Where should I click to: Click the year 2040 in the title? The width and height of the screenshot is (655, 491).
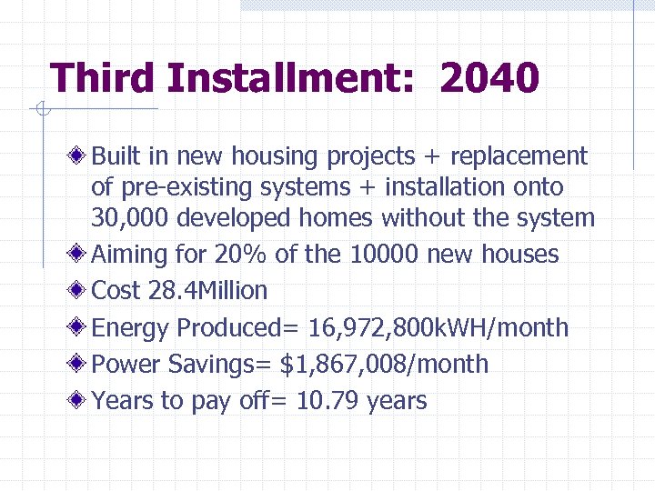pyautogui.click(x=489, y=79)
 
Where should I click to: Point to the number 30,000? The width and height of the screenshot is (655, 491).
pyautogui.click(x=130, y=218)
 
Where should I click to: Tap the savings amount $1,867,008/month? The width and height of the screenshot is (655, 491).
pyautogui.click(x=384, y=365)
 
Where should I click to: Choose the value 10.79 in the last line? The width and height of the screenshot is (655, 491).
pyautogui.click(x=327, y=401)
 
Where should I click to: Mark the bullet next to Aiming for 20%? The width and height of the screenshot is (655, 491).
pyautogui.click(x=79, y=254)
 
